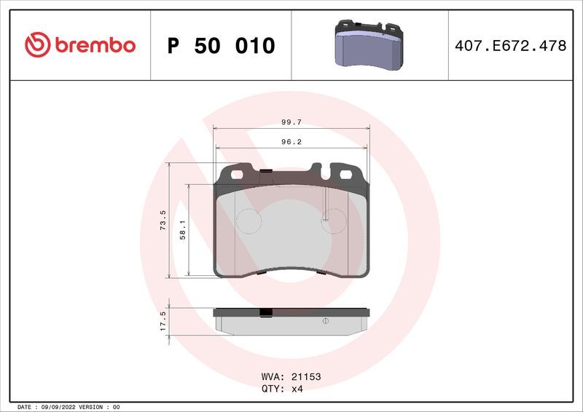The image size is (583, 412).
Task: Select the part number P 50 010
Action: (x=221, y=46)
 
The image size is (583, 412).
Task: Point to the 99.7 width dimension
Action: (x=291, y=123)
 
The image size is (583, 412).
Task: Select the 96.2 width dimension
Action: (x=291, y=143)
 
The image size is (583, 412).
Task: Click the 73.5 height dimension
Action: (x=163, y=220)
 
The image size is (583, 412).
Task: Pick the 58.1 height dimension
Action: (x=184, y=230)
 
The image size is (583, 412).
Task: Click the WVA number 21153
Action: (x=306, y=377)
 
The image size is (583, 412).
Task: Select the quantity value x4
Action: (x=297, y=389)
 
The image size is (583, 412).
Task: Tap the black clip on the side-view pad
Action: (x=266, y=314)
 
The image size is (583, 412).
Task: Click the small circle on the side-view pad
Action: (x=325, y=321)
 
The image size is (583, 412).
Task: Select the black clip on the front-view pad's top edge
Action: (x=266, y=172)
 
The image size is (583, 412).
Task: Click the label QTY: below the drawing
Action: (x=272, y=389)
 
